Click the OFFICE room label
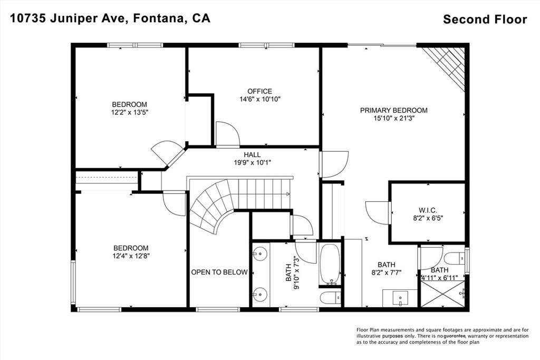click(x=259, y=91)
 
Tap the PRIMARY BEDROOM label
click(x=393, y=111)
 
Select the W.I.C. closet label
click(x=428, y=210)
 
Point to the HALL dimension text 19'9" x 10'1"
click(x=253, y=163)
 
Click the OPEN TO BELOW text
click(x=219, y=272)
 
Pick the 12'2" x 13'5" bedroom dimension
click(x=130, y=112)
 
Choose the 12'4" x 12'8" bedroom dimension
click(x=131, y=256)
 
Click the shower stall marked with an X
click(x=442, y=294)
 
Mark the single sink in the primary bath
click(x=400, y=297)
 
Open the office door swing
click(x=227, y=134)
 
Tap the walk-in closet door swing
click(x=377, y=213)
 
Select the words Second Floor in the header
click(x=485, y=20)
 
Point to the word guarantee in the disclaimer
click(x=455, y=336)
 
